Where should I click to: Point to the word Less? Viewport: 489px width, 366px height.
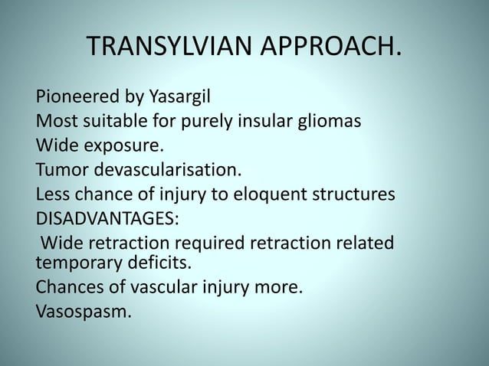pyautogui.click(x=53, y=194)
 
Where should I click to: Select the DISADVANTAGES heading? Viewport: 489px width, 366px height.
pyautogui.click(x=107, y=218)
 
